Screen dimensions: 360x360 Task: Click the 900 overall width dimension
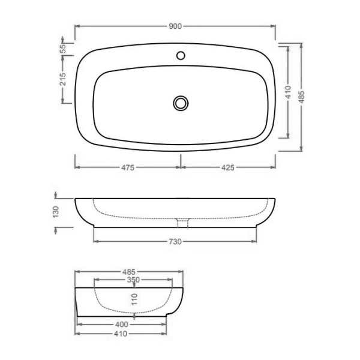pyautogui.click(x=175, y=26)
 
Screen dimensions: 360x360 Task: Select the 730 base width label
pyautogui.click(x=175, y=241)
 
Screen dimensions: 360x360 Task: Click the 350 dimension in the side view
pyautogui.click(x=133, y=280)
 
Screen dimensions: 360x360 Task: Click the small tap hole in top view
pyautogui.click(x=180, y=56)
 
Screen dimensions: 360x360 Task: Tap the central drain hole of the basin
pyautogui.click(x=180, y=103)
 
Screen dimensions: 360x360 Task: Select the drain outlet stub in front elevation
pyautogui.click(x=182, y=223)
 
